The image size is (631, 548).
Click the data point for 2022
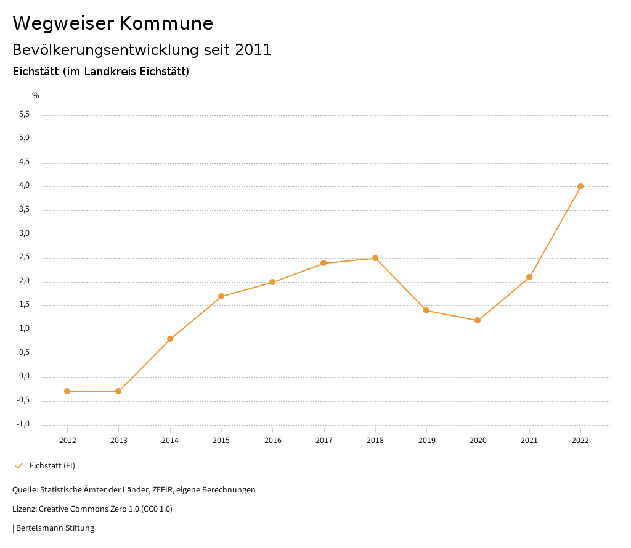(580, 186)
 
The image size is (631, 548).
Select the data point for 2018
(375, 258)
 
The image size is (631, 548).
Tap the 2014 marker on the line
(170, 339)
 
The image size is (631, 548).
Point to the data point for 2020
(478, 320)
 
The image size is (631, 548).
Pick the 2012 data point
(67, 391)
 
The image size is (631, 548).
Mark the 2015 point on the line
(221, 296)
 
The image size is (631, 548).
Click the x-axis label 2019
(426, 441)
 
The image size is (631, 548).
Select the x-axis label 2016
(272, 441)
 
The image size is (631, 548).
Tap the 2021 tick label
(529, 441)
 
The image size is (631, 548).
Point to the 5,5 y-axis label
(24, 115)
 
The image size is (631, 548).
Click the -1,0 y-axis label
(23, 425)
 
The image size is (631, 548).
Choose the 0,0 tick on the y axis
(24, 376)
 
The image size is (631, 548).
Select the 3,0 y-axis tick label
(24, 234)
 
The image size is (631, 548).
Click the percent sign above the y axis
(36, 96)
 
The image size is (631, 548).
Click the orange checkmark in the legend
(18, 466)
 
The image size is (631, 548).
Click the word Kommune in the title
(166, 23)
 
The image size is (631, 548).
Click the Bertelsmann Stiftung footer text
(55, 528)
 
